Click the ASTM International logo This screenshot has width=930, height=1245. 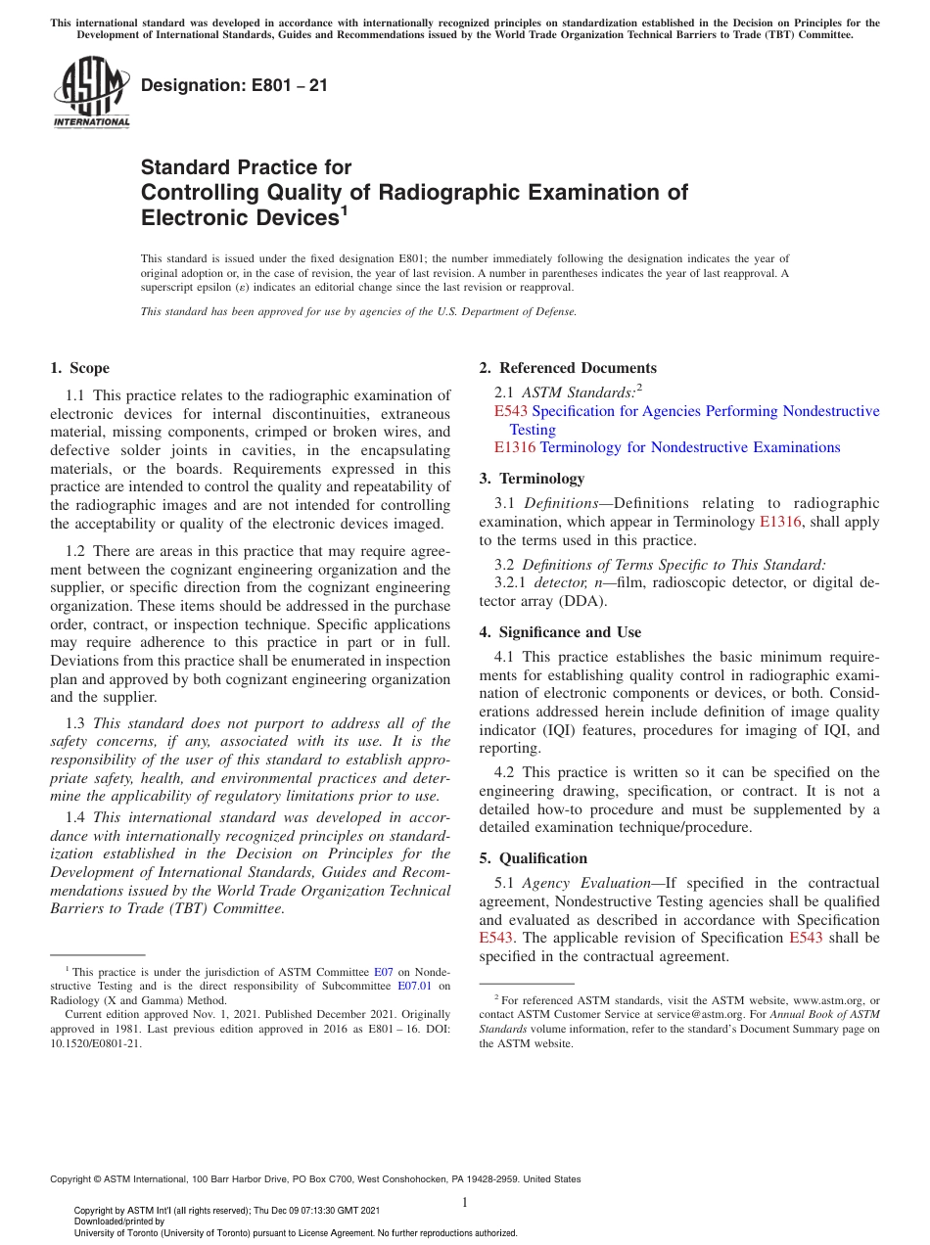pos(91,93)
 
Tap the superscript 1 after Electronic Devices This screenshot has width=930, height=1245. pos(344,209)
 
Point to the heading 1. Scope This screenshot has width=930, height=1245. pos(79,368)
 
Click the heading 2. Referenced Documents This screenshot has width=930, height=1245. pos(568,368)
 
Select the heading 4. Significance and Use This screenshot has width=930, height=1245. pos(560,632)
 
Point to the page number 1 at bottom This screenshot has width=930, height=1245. pos(465,1202)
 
